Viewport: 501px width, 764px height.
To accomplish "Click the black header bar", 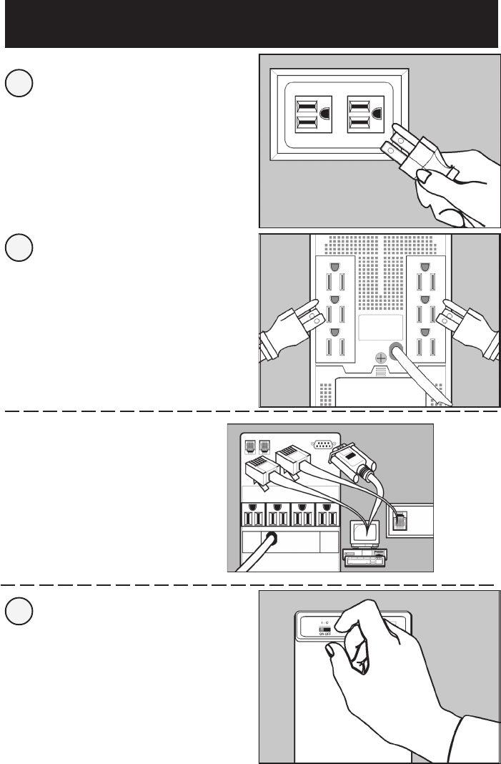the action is (x=250, y=24).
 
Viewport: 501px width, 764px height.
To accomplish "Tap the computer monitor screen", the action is (x=364, y=532).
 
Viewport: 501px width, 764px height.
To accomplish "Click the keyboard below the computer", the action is (x=364, y=559).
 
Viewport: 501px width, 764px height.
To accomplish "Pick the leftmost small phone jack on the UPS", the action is (x=251, y=445).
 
